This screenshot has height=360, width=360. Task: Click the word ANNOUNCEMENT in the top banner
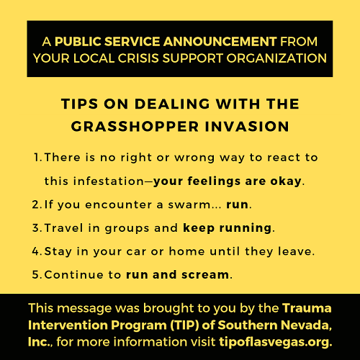220,41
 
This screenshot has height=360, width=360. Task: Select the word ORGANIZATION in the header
276,58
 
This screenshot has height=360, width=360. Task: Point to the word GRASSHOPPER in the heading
135,127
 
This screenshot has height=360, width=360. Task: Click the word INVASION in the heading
247,127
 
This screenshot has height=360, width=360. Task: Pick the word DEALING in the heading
172,104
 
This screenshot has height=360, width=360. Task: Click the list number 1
38,158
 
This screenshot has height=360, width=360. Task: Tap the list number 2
37,204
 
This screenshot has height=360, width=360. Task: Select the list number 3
37,228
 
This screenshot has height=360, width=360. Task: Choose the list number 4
37,251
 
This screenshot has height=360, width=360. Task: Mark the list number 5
37,275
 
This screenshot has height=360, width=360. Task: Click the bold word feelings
214,181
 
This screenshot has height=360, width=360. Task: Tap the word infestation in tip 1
109,181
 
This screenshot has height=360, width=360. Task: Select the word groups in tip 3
127,229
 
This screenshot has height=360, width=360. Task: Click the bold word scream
205,275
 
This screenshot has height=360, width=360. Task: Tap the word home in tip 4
187,251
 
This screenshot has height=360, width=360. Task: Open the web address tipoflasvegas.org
276,342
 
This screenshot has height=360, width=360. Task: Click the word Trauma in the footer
307,308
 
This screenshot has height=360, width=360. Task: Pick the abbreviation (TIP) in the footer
185,325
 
